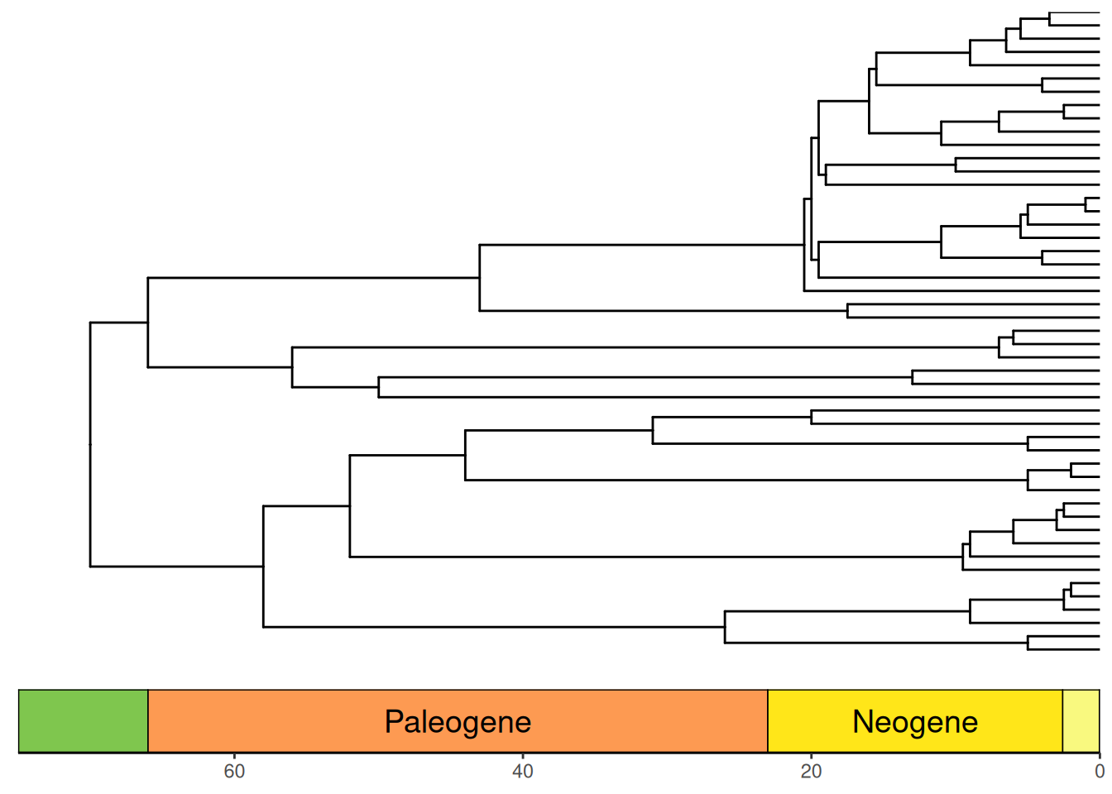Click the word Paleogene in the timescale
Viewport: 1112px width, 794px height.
click(458, 723)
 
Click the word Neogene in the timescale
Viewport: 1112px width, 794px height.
click(915, 722)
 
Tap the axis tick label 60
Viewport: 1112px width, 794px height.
click(234, 771)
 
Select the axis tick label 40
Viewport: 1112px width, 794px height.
click(523, 771)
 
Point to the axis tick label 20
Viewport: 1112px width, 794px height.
click(811, 771)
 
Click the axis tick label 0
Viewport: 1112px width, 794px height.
click(1100, 771)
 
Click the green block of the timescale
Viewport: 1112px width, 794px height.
click(84, 721)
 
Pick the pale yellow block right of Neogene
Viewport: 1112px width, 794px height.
click(1081, 721)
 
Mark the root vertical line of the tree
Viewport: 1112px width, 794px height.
click(90, 445)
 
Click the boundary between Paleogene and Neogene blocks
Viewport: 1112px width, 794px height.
click(768, 721)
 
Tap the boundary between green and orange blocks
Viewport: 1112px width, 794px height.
click(148, 721)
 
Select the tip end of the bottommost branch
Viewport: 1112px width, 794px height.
click(1100, 649)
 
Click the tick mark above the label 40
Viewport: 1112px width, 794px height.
click(523, 756)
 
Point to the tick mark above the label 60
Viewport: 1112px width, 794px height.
click(234, 756)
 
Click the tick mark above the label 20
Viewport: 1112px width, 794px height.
click(811, 756)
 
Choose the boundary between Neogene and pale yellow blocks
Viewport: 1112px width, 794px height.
click(1063, 721)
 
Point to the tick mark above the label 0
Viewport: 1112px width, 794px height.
click(1100, 756)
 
